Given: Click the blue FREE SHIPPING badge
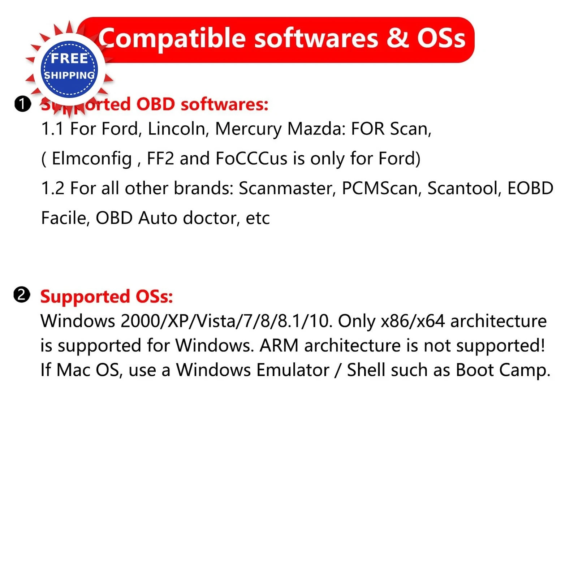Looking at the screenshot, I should click(x=69, y=69).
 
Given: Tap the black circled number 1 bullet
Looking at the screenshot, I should click(x=22, y=104).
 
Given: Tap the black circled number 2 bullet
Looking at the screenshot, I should click(x=22, y=295).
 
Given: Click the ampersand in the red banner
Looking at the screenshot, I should click(x=397, y=38).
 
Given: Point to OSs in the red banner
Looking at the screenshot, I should click(x=441, y=38).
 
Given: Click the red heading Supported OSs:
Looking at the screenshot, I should click(x=107, y=297).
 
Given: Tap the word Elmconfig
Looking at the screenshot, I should click(x=92, y=159).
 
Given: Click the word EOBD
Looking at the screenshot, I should click(x=530, y=188).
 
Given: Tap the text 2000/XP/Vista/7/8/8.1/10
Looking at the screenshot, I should click(x=227, y=321).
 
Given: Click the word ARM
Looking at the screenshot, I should click(x=279, y=346).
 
